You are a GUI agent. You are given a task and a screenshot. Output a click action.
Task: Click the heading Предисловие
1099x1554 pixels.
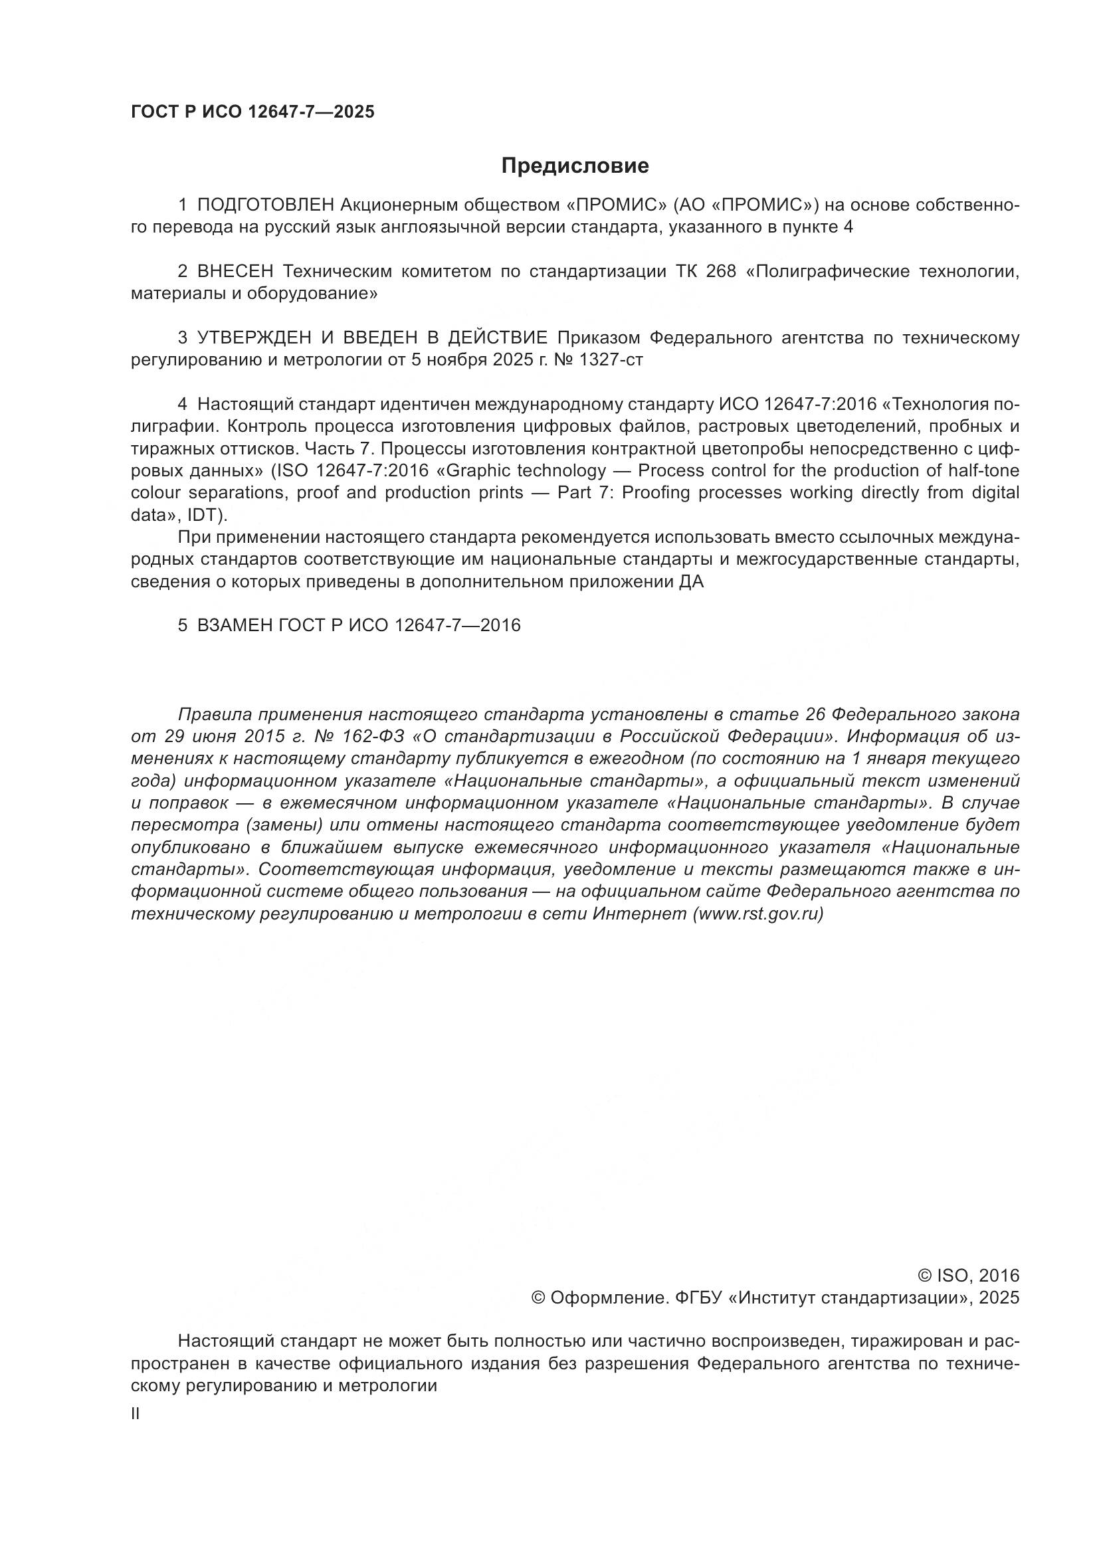coord(575,166)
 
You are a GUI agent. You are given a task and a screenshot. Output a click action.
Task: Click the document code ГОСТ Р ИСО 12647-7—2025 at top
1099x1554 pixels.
coord(252,112)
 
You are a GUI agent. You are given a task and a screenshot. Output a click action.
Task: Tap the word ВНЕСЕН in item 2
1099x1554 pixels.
coord(235,272)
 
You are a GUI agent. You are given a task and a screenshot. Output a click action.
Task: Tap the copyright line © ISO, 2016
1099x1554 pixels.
coord(967,1276)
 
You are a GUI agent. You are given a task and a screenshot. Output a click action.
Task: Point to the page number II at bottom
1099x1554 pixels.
coord(135,1414)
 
